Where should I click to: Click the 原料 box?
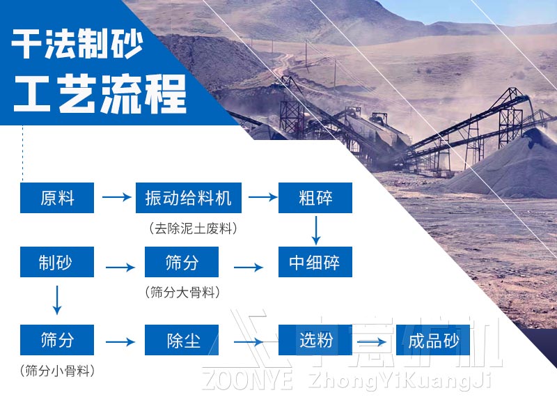[x=57, y=198]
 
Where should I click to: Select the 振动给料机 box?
[x=188, y=198]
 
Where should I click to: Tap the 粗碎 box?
[x=315, y=198]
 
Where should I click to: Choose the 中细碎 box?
[x=315, y=263]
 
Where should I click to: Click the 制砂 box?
[x=57, y=262]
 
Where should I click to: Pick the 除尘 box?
[x=182, y=340]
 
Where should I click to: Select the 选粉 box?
[x=315, y=340]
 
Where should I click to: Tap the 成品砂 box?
[x=433, y=340]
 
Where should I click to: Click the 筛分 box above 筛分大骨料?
[x=182, y=262]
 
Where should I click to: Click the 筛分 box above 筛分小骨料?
[x=57, y=340]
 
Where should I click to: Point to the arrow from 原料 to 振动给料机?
[x=116, y=198]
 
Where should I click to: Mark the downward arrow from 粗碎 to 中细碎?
[x=316, y=229]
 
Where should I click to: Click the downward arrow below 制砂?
[x=57, y=299]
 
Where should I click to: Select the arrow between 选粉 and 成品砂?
[x=373, y=341]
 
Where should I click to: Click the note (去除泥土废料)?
[x=188, y=227]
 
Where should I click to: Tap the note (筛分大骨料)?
[x=182, y=292]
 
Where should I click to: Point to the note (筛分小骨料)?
[x=57, y=371]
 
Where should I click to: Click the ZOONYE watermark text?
[x=248, y=380]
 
